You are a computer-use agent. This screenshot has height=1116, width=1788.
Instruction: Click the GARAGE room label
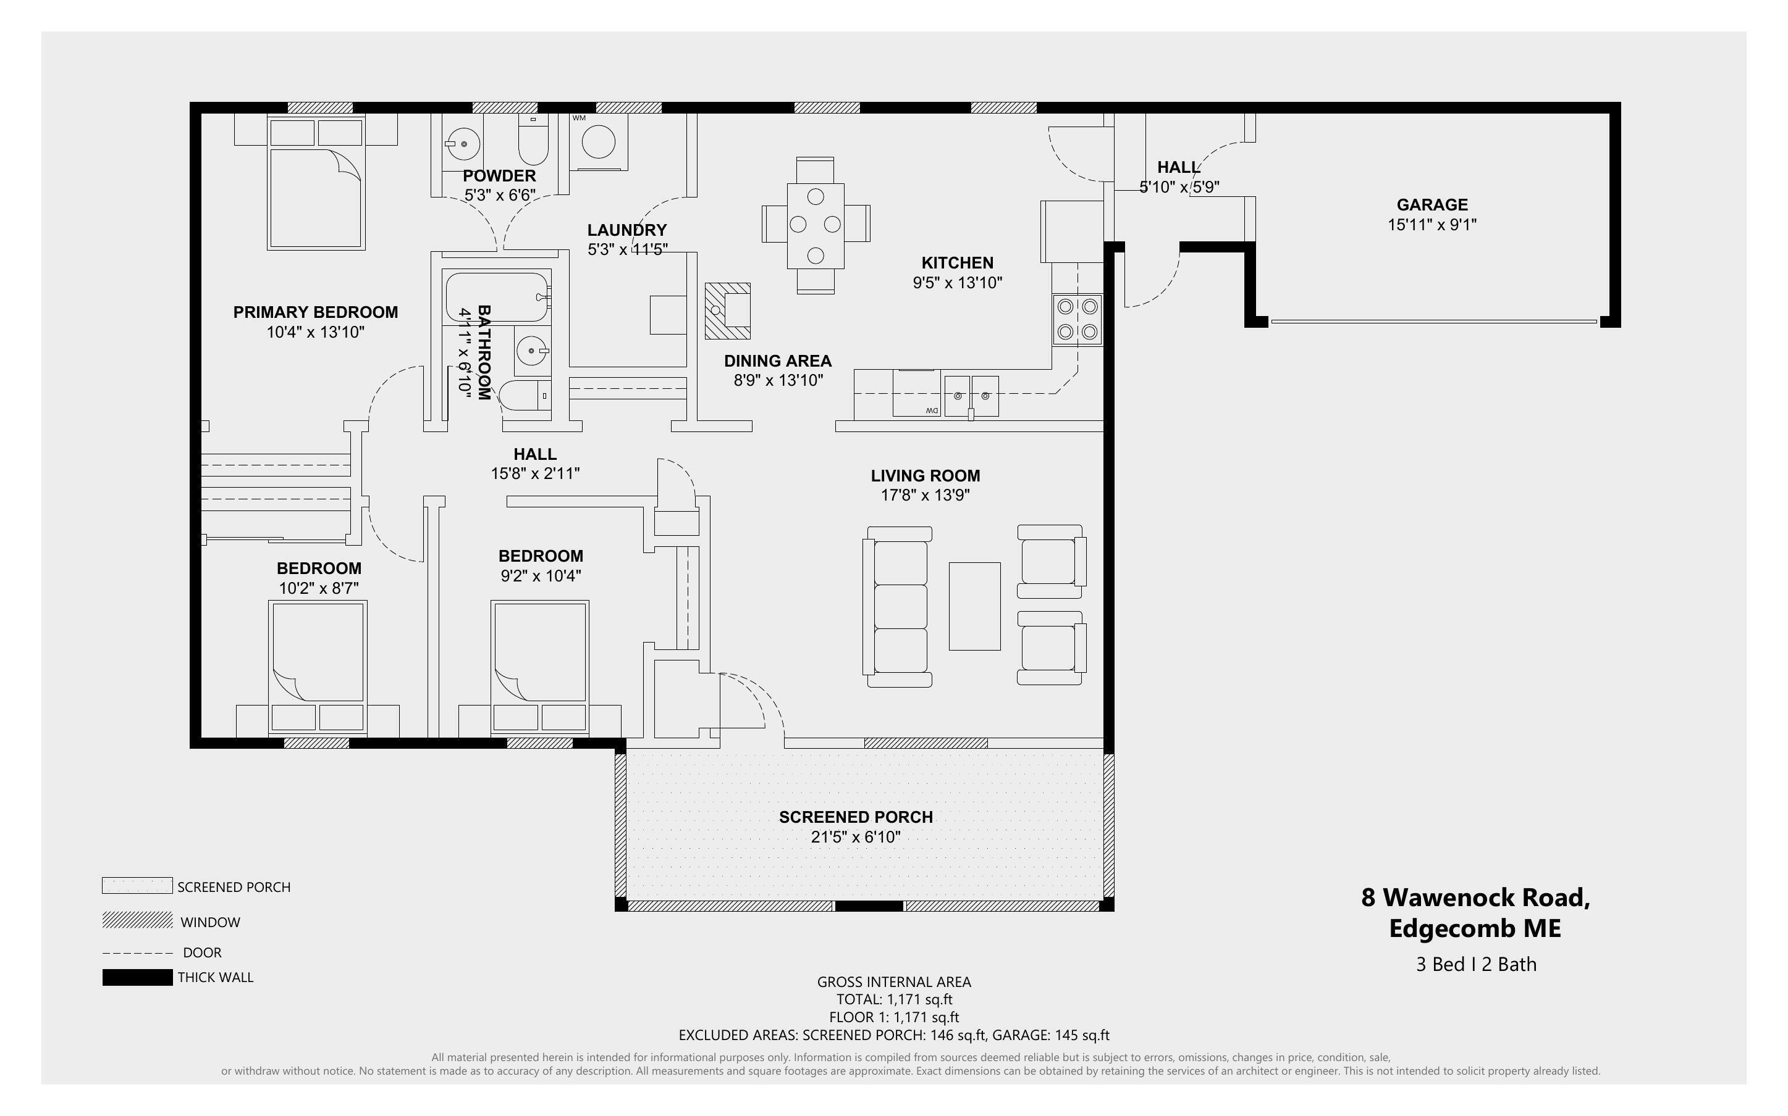click(1432, 204)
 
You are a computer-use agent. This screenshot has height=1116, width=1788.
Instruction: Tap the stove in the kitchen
click(1077, 320)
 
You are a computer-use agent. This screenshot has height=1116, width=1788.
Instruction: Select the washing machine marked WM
click(598, 142)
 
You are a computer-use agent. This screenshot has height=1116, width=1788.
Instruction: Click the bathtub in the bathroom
click(497, 297)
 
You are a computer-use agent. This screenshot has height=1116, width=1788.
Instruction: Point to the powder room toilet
click(533, 143)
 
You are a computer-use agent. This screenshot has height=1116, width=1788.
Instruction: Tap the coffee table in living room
click(974, 606)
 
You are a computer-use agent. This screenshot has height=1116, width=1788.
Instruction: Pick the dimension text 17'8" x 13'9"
click(925, 495)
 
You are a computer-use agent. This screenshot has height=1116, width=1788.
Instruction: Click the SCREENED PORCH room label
click(855, 817)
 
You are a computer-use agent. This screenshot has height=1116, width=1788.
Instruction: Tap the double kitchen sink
click(971, 395)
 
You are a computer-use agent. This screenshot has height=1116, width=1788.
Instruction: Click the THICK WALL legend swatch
click(137, 977)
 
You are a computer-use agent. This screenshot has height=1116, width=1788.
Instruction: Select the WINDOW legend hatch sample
click(137, 920)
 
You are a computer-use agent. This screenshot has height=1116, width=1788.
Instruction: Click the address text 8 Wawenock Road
click(1475, 897)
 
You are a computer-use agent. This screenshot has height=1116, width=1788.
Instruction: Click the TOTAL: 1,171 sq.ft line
click(893, 999)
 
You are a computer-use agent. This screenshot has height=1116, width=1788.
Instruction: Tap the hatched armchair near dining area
click(727, 310)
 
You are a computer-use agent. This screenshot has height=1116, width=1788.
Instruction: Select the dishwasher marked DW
click(916, 393)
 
